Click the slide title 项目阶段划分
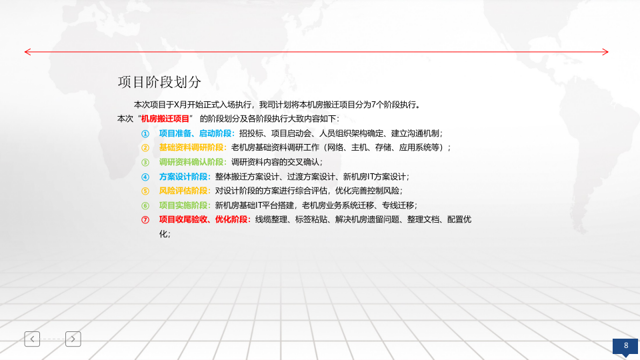(159, 82)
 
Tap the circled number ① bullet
(145, 133)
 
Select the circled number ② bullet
(145, 147)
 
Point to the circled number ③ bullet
(145, 162)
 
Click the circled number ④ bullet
(145, 177)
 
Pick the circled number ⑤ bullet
(145, 191)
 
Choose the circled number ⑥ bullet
(145, 205)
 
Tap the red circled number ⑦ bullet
(145, 219)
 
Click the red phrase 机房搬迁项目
(161, 118)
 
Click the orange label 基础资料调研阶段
(192, 147)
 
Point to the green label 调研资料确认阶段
(192, 162)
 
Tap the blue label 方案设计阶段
(184, 177)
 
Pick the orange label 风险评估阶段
(184, 191)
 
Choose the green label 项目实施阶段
(184, 205)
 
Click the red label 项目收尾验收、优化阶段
(204, 219)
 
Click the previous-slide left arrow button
(32, 339)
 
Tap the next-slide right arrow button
(73, 339)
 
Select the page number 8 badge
(626, 345)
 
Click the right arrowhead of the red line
(605, 51)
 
